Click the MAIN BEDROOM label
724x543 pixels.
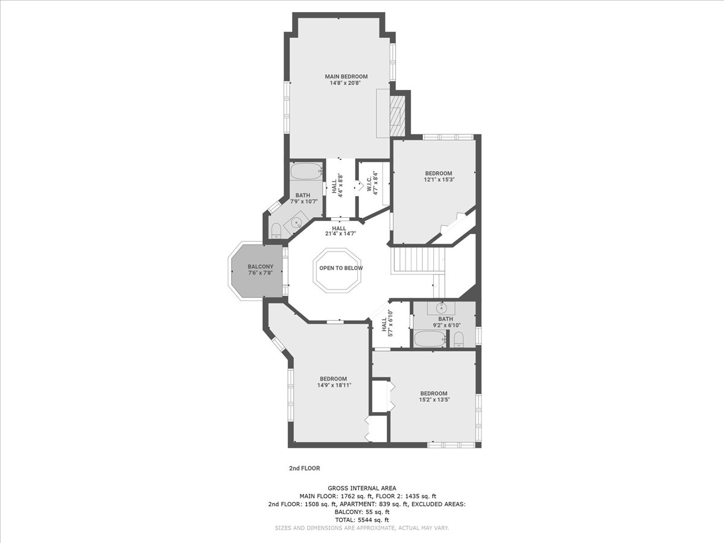[346, 77]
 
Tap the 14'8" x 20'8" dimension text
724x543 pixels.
[345, 83]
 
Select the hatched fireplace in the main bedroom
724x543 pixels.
[397, 115]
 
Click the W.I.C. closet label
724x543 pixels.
[369, 183]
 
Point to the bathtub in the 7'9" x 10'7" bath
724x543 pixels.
[306, 171]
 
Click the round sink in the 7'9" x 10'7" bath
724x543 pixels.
[296, 223]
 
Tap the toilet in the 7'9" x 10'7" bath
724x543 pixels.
[276, 231]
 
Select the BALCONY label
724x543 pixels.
[261, 267]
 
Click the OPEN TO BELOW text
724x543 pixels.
[341, 268]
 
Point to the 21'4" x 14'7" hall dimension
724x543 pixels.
[340, 233]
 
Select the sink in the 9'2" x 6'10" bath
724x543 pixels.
[441, 308]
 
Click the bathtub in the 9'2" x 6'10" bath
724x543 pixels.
[430, 339]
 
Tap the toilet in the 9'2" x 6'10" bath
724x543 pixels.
[459, 340]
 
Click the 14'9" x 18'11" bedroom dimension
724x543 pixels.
[334, 385]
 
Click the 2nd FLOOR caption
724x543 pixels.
[305, 468]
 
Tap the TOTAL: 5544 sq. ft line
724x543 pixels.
[362, 520]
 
